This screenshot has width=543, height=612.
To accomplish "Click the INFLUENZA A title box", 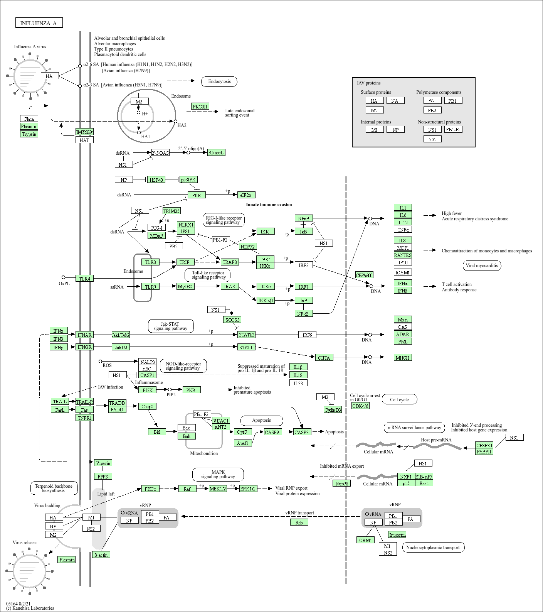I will (x=39, y=23).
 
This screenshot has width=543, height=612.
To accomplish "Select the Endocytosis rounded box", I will (x=219, y=81).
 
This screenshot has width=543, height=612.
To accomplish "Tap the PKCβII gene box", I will (x=200, y=107).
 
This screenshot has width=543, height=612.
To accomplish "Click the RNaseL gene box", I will (x=216, y=152).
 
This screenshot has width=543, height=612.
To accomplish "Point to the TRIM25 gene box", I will (x=171, y=211).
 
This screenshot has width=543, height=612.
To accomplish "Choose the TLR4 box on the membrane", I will (x=84, y=279).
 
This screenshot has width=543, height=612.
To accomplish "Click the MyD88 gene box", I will (x=185, y=286).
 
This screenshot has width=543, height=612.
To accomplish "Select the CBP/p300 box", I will (x=364, y=275).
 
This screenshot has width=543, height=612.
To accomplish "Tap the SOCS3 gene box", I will (x=232, y=320).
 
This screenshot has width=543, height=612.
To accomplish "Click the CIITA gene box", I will (x=324, y=358).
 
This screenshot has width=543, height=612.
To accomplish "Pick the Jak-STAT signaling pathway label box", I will (x=170, y=326).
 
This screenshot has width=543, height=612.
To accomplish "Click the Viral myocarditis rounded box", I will (x=482, y=265).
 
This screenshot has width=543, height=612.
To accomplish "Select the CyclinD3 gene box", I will (x=333, y=410).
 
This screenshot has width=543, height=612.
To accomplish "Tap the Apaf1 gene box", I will (x=243, y=443).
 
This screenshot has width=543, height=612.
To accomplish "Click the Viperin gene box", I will (x=103, y=463).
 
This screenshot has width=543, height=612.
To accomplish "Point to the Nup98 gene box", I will (x=341, y=483).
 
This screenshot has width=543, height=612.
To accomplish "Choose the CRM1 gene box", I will (x=365, y=540).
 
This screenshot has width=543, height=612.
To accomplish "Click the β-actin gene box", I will (x=101, y=555).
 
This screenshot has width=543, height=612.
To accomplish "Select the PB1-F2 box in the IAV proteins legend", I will (x=453, y=130).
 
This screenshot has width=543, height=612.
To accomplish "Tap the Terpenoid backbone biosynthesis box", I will (x=54, y=488).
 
